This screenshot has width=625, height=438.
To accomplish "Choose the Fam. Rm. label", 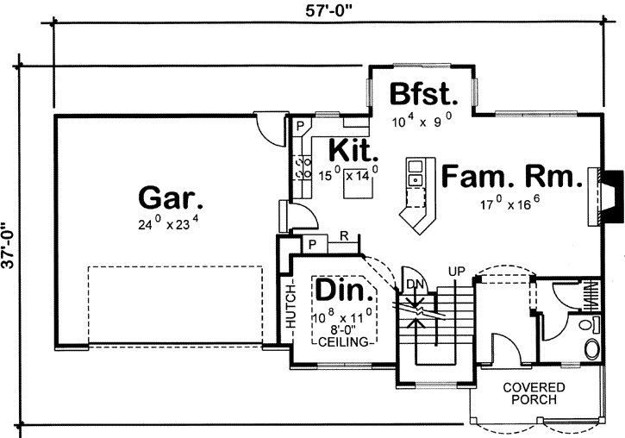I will coord(509,177).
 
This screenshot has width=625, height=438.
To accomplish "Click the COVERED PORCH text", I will coord(534,394).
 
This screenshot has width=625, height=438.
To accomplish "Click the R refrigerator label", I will coord(344,235).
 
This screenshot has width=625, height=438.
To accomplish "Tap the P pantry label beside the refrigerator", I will coord(311,245).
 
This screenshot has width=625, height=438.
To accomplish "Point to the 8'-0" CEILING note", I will coord(342,334).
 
